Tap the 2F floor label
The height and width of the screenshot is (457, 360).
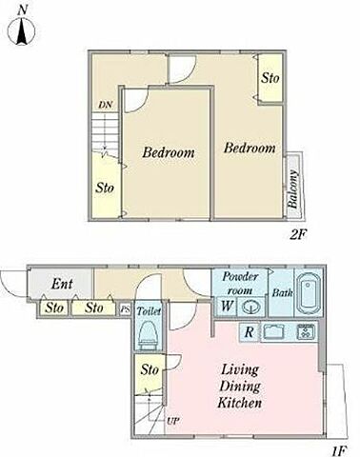coord(298,235)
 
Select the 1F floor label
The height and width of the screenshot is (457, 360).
coord(339,450)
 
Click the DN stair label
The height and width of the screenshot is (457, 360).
coord(106,105)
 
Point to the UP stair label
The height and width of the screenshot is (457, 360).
coord(173,421)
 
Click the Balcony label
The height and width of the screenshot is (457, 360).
coord(292,189)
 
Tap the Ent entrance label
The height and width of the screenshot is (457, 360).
coord(62,284)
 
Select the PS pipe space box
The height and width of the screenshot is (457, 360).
coord(125,309)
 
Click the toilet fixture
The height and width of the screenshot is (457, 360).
coord(149,335)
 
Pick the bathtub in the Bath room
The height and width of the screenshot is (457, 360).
coord(308,291)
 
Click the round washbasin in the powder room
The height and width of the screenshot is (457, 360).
coord(251,307)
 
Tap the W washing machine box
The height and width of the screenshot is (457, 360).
coord(227,307)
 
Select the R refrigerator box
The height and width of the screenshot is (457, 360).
coord(250,332)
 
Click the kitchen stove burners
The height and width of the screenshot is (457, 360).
coord(306,332)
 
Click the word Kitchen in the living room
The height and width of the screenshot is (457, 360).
coord(240,403)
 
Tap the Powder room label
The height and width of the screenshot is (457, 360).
coord(240,283)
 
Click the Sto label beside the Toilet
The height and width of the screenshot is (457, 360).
coord(150,369)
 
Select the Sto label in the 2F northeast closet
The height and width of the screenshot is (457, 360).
coord(270,78)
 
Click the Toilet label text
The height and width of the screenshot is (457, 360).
coord(149,311)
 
